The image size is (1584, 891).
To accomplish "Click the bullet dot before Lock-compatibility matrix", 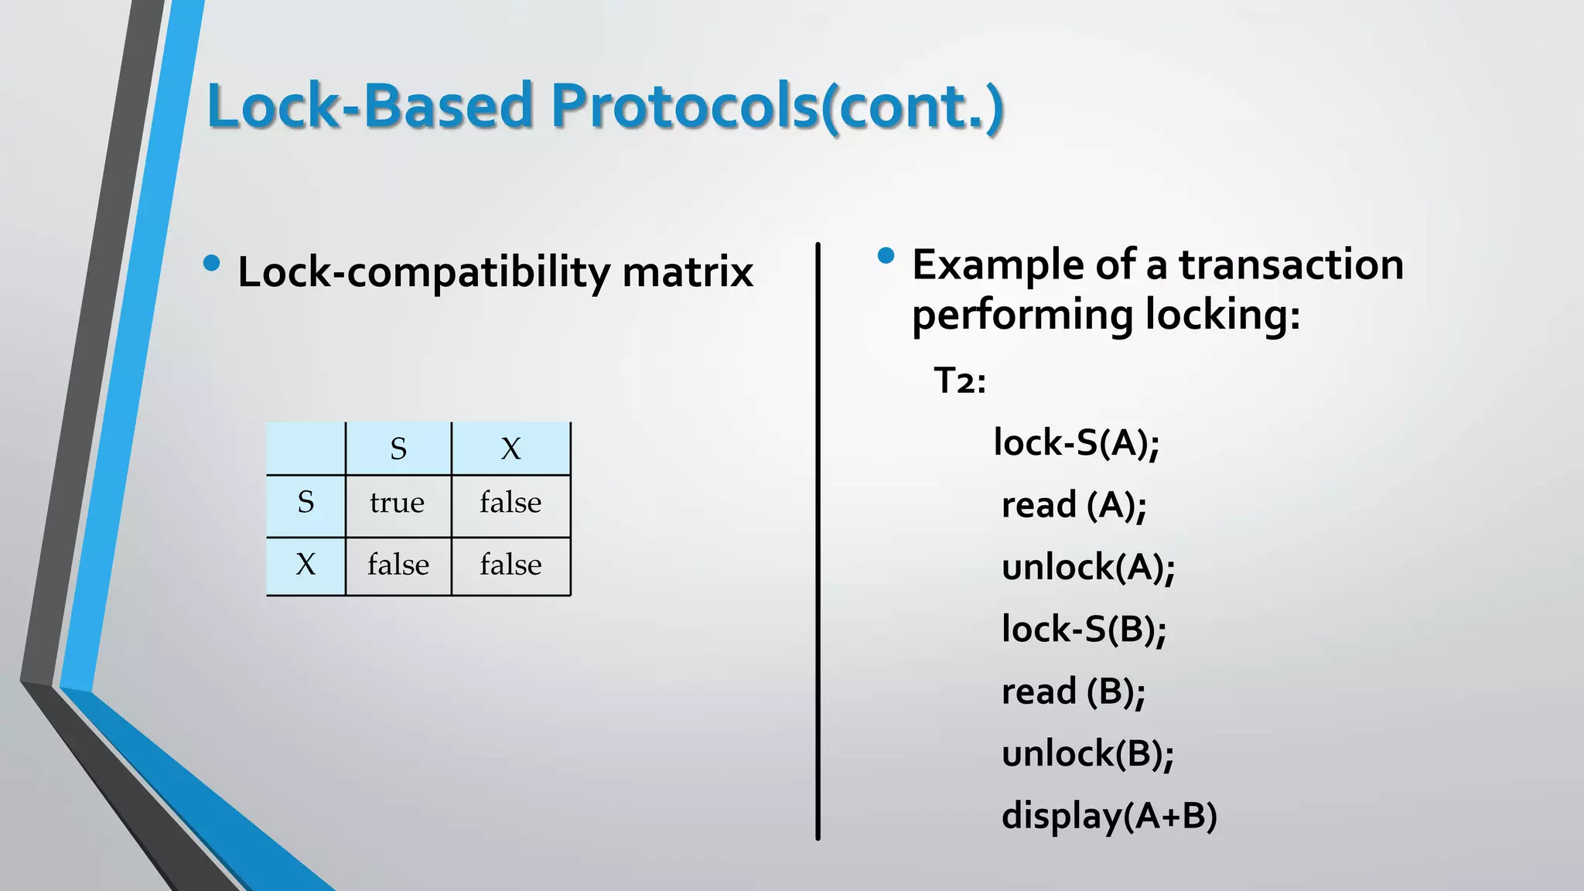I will point(211,264).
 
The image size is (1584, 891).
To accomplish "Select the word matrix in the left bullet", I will point(688,272).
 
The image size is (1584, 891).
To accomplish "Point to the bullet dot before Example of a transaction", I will point(886,255).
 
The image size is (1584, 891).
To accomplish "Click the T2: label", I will point(960,381).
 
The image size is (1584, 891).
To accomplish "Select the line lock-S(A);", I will point(1076,442).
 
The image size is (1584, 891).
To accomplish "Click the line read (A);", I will point(1074,505).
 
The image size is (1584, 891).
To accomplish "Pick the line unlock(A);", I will point(1087,567).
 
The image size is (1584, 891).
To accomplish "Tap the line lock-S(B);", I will point(1084,629).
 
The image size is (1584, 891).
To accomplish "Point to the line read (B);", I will point(1073,691).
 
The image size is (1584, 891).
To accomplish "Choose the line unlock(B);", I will point(1087,753).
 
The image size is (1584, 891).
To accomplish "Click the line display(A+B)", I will point(1109,816).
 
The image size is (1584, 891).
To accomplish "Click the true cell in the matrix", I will point(397,504).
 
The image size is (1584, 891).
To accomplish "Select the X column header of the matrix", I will point(510,449).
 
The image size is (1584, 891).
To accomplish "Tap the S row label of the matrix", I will point(306,503).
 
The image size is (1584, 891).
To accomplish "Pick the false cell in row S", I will point(510,504).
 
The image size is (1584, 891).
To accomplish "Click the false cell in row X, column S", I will point(398,565).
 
